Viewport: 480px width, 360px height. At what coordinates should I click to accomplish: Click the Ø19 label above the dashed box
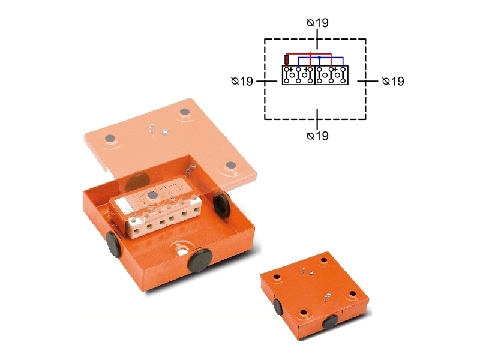pyautogui.click(x=317, y=23)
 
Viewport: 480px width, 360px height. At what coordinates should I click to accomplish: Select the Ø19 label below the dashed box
pyautogui.click(x=317, y=136)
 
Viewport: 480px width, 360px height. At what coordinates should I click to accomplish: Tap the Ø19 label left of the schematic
pyautogui.click(x=242, y=81)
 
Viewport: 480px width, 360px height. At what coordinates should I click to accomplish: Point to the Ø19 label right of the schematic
pyautogui.click(x=393, y=81)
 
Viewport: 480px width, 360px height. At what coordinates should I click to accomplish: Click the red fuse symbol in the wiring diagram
pyautogui.click(x=287, y=59)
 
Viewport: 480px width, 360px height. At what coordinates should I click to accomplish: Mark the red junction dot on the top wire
pyautogui.click(x=310, y=53)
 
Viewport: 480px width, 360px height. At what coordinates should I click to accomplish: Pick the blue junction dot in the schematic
pyautogui.click(x=319, y=58)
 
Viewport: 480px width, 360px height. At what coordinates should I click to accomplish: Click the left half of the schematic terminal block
pyautogui.click(x=298, y=75)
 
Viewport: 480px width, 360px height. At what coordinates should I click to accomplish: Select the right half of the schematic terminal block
pyautogui.click(x=332, y=75)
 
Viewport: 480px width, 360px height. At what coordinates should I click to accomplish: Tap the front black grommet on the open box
pyautogui.click(x=200, y=260)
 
